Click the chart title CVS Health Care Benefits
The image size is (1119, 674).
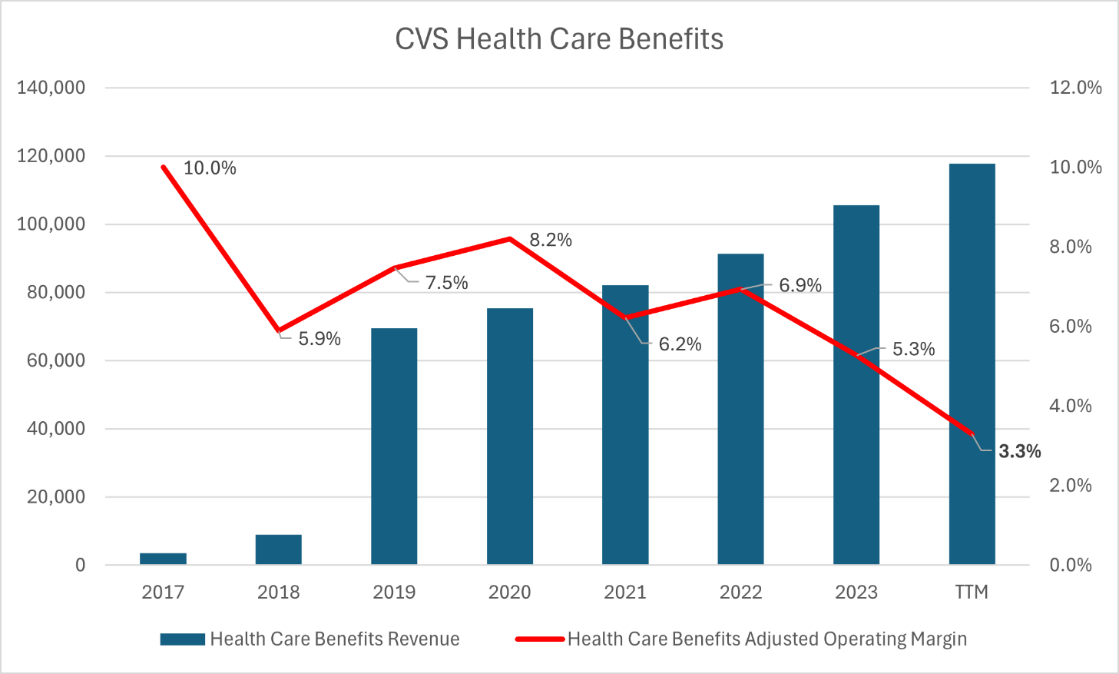click(x=559, y=39)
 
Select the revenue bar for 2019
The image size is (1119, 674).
click(x=394, y=446)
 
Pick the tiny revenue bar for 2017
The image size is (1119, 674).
click(x=163, y=559)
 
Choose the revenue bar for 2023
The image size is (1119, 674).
click(x=856, y=384)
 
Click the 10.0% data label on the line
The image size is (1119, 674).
click(x=210, y=168)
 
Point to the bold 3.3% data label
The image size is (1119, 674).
click(x=1019, y=451)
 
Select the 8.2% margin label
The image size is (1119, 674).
click(x=551, y=240)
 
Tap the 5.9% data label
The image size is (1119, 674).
click(x=319, y=339)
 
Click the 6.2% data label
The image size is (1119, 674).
click(x=680, y=344)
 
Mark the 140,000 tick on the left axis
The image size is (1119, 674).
click(x=51, y=88)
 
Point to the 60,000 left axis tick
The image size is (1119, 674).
click(x=56, y=360)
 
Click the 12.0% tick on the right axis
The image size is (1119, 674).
click(x=1075, y=88)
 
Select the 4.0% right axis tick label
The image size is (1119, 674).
click(x=1071, y=406)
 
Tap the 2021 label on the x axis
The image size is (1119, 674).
click(x=625, y=592)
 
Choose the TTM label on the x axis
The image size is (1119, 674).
click(x=972, y=592)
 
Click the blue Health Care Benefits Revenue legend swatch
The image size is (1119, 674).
click(x=182, y=639)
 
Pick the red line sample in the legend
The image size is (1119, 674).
click(x=540, y=639)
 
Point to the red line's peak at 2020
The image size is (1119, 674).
click(x=510, y=239)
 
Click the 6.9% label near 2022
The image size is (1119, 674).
click(x=800, y=286)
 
